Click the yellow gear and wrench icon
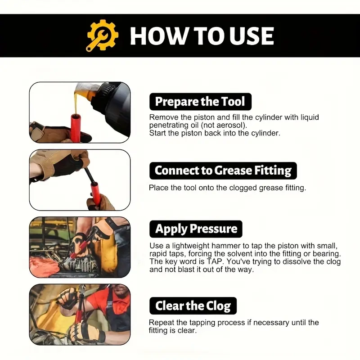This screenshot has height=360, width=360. (x=103, y=36)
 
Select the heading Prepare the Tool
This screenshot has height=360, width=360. (x=200, y=102)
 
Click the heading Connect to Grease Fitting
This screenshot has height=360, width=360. (x=223, y=171)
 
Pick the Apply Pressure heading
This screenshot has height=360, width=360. (x=196, y=229)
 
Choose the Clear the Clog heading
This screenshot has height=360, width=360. (x=193, y=306)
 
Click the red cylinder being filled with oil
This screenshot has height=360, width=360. (x=76, y=127)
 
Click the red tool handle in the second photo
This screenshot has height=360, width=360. (x=94, y=193)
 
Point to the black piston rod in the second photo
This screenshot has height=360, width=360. (x=88, y=175)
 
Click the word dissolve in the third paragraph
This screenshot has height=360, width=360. (x=297, y=261)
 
